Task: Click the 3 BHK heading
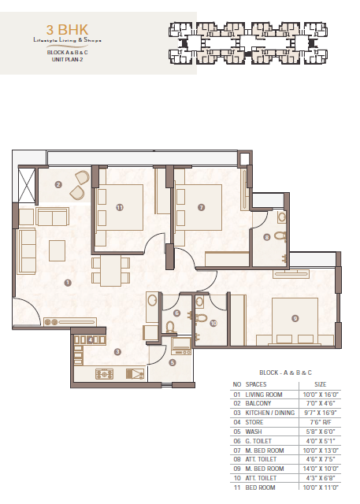pos(67,30)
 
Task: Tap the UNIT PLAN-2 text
pos(68,60)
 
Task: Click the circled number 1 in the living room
pos(68,283)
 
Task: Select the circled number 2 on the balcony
pos(58,184)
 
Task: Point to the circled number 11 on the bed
pos(120,208)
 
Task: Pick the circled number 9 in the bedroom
pos(295,318)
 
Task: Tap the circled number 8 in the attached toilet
pos(267,237)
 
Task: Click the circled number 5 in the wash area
pos(173,362)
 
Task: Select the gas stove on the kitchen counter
pos(105,374)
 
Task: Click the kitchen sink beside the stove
pos(135,374)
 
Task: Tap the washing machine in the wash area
pos(181,346)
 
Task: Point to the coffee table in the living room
pos(58,250)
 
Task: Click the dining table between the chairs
pos(110,270)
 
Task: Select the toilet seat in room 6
pos(171,327)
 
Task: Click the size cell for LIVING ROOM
pos(321,395)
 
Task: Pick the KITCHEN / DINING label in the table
pos(270,413)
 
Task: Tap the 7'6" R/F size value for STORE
pos(321,422)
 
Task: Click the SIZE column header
pos(321,384)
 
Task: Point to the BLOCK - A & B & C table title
pos(285,372)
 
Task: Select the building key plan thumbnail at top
pos(248,43)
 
